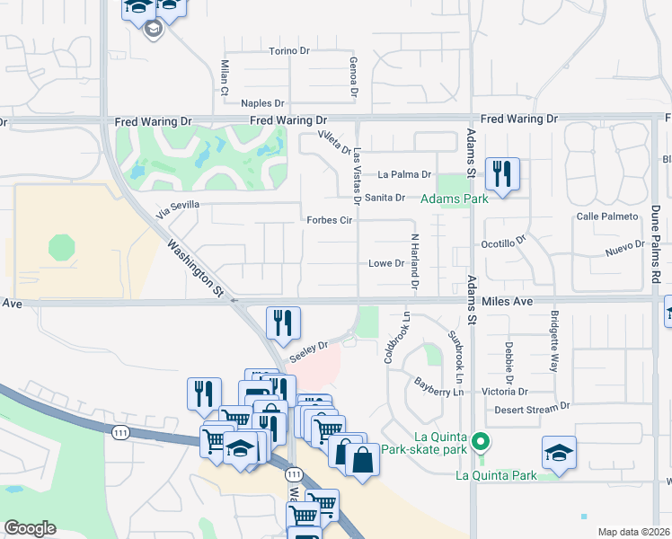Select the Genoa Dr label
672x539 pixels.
click(354, 75)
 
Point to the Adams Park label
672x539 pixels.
click(455, 198)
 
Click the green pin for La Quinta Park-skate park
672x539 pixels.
click(481, 441)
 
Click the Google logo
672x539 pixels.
click(30, 528)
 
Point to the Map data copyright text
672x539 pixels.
click(634, 532)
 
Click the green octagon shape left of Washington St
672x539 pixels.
click(61, 247)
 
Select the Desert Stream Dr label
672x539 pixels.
click(534, 410)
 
